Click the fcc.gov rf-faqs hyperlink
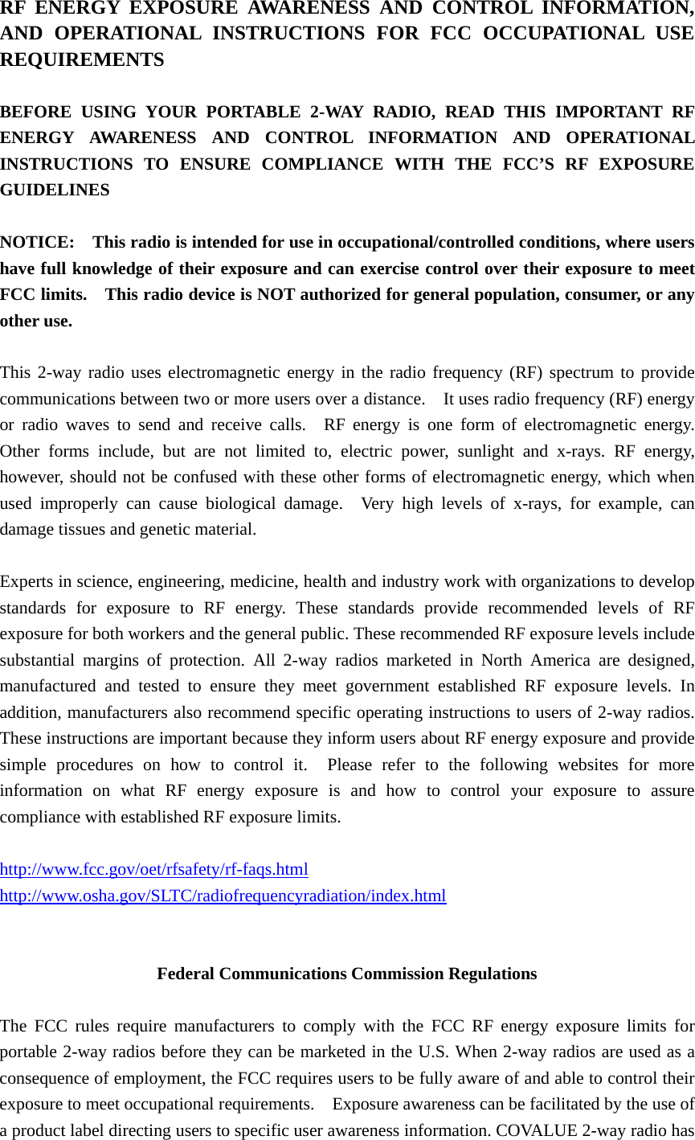click(153, 869)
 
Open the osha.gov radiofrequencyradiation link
click(223, 896)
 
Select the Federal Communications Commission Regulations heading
click(346, 974)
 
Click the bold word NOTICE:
click(37, 242)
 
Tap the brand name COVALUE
click(534, 1130)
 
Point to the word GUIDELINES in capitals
click(55, 190)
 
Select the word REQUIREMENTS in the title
click(82, 59)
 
